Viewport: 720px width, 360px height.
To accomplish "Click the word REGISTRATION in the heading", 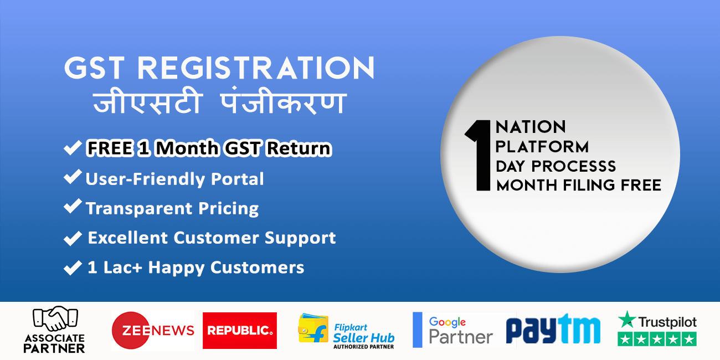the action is tap(256, 68).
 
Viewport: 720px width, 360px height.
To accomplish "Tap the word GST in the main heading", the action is tap(94, 68).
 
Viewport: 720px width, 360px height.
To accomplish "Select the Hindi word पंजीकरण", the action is tap(283, 100).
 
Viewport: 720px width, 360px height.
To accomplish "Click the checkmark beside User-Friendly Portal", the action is tap(73, 177).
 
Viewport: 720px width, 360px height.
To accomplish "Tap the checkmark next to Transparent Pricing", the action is tap(73, 206).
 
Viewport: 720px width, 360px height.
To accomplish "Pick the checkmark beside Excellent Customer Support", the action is tap(73, 238).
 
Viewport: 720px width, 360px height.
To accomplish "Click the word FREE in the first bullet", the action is tap(110, 148).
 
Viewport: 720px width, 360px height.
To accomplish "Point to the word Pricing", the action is tap(228, 209).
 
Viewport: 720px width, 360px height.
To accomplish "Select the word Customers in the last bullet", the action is tap(257, 268).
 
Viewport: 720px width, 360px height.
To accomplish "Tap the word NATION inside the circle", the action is tap(531, 127).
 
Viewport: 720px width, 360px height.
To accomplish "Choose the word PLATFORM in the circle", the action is tap(542, 147).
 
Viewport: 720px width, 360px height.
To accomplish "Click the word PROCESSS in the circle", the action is tap(573, 167).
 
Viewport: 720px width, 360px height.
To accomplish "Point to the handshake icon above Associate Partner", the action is tap(55, 318).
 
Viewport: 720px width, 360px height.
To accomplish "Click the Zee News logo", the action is tap(153, 330).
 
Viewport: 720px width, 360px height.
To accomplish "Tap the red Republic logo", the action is tap(239, 331).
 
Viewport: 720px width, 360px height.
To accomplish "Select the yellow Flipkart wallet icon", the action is tap(313, 328).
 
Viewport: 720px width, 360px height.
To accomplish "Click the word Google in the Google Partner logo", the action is tap(447, 322).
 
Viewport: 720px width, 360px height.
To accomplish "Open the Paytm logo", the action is tap(553, 328).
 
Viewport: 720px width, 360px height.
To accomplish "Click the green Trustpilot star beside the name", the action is tap(627, 319).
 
